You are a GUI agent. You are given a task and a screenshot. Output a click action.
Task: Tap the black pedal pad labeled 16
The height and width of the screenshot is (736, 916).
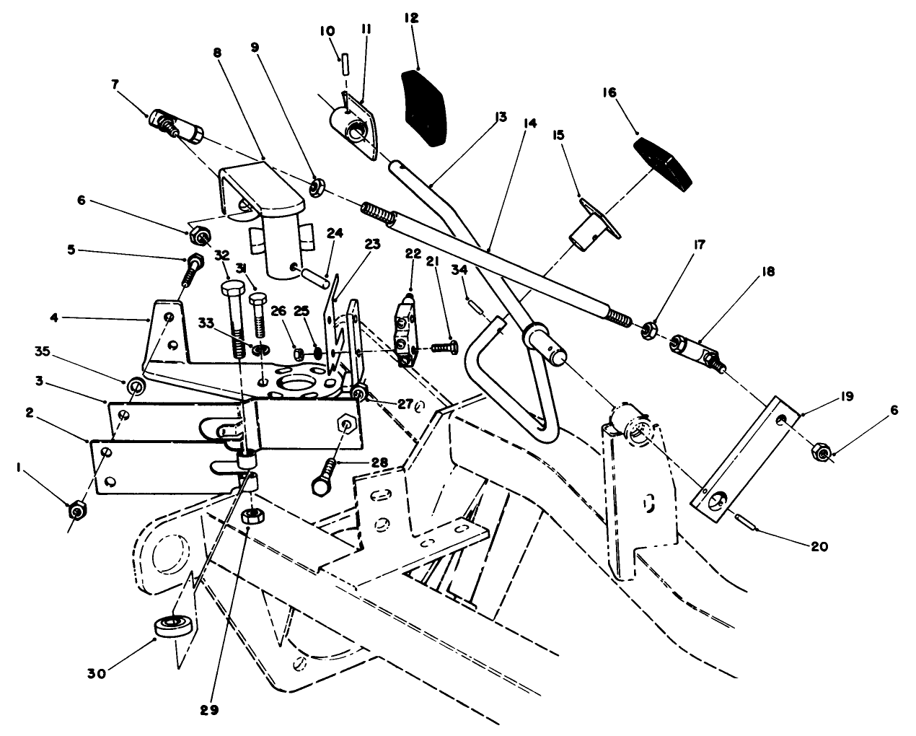coord(664,164)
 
